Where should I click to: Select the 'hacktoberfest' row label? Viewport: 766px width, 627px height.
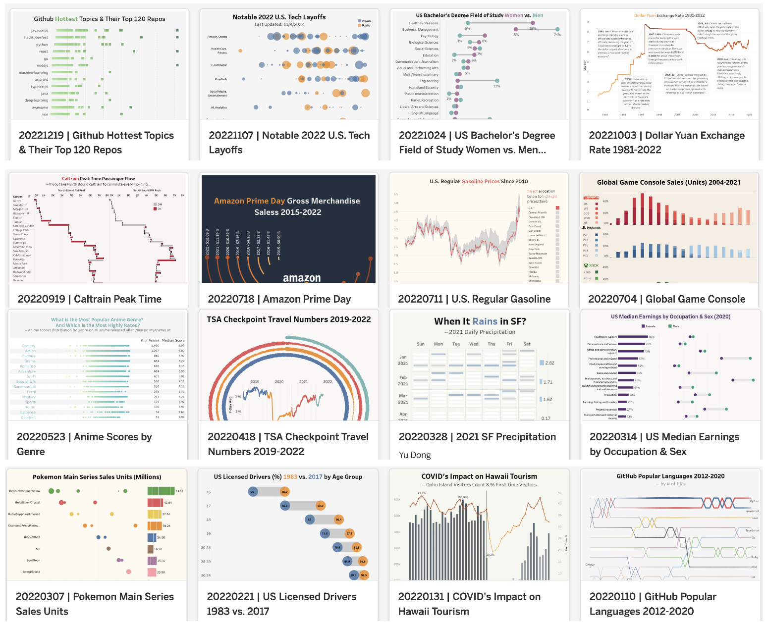(36, 38)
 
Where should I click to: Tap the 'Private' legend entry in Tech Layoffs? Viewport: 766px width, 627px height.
(366, 21)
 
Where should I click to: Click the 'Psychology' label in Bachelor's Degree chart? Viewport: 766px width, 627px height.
(429, 36)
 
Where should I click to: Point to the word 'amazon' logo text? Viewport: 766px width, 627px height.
(301, 278)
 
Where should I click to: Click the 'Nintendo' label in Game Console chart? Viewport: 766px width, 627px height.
(591, 198)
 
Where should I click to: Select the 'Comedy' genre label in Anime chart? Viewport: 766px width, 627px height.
(29, 346)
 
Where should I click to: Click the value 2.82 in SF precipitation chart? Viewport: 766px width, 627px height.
(549, 363)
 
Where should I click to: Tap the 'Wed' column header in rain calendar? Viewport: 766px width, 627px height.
(474, 344)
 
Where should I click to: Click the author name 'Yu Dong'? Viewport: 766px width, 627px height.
(415, 455)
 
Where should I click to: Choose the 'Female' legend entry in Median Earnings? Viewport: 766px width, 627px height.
(650, 326)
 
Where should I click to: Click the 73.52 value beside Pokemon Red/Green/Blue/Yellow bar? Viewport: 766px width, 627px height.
(179, 491)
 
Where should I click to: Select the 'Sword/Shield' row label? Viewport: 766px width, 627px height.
(31, 572)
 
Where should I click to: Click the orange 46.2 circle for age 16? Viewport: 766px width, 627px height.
(284, 492)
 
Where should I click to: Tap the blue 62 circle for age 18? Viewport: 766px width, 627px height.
(309, 520)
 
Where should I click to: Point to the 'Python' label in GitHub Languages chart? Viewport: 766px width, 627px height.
(754, 501)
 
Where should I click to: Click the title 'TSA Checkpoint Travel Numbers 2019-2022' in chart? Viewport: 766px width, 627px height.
(288, 319)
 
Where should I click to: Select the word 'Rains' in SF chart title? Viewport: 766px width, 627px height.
(485, 321)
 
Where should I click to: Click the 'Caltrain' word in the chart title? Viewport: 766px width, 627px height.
(70, 179)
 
